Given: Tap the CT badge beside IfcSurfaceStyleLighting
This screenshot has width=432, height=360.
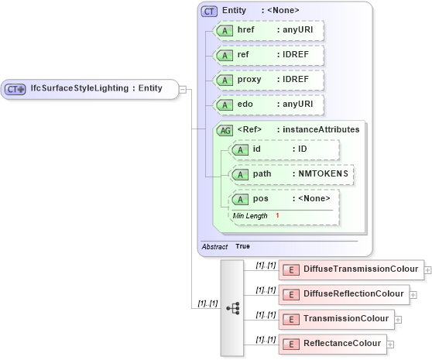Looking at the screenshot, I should click(15, 89).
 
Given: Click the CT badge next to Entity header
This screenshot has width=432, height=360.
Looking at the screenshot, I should click(209, 11).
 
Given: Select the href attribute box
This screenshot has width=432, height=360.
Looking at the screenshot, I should click(269, 30).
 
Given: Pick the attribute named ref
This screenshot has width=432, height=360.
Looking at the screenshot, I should click(269, 56).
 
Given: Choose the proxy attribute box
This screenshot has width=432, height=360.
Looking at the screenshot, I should click(269, 81).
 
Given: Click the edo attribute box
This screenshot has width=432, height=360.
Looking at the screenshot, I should click(269, 105).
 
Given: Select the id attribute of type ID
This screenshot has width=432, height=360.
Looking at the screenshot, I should click(284, 149).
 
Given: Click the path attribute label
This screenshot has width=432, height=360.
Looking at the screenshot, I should click(262, 174).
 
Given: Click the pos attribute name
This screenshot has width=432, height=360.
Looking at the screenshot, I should click(260, 200).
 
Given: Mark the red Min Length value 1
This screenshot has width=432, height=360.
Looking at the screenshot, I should click(277, 215).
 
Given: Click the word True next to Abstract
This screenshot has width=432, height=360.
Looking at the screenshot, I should click(242, 246).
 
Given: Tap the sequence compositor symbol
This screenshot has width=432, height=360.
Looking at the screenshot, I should click(232, 307).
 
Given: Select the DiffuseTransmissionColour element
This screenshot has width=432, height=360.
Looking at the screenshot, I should click(351, 269).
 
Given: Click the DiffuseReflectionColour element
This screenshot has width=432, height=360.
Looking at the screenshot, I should click(343, 294).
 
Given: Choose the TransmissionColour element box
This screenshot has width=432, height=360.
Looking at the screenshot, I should click(336, 319).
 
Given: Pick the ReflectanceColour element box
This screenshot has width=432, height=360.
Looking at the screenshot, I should click(332, 343).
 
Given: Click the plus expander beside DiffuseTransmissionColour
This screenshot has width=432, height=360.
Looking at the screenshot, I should click(428, 270).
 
